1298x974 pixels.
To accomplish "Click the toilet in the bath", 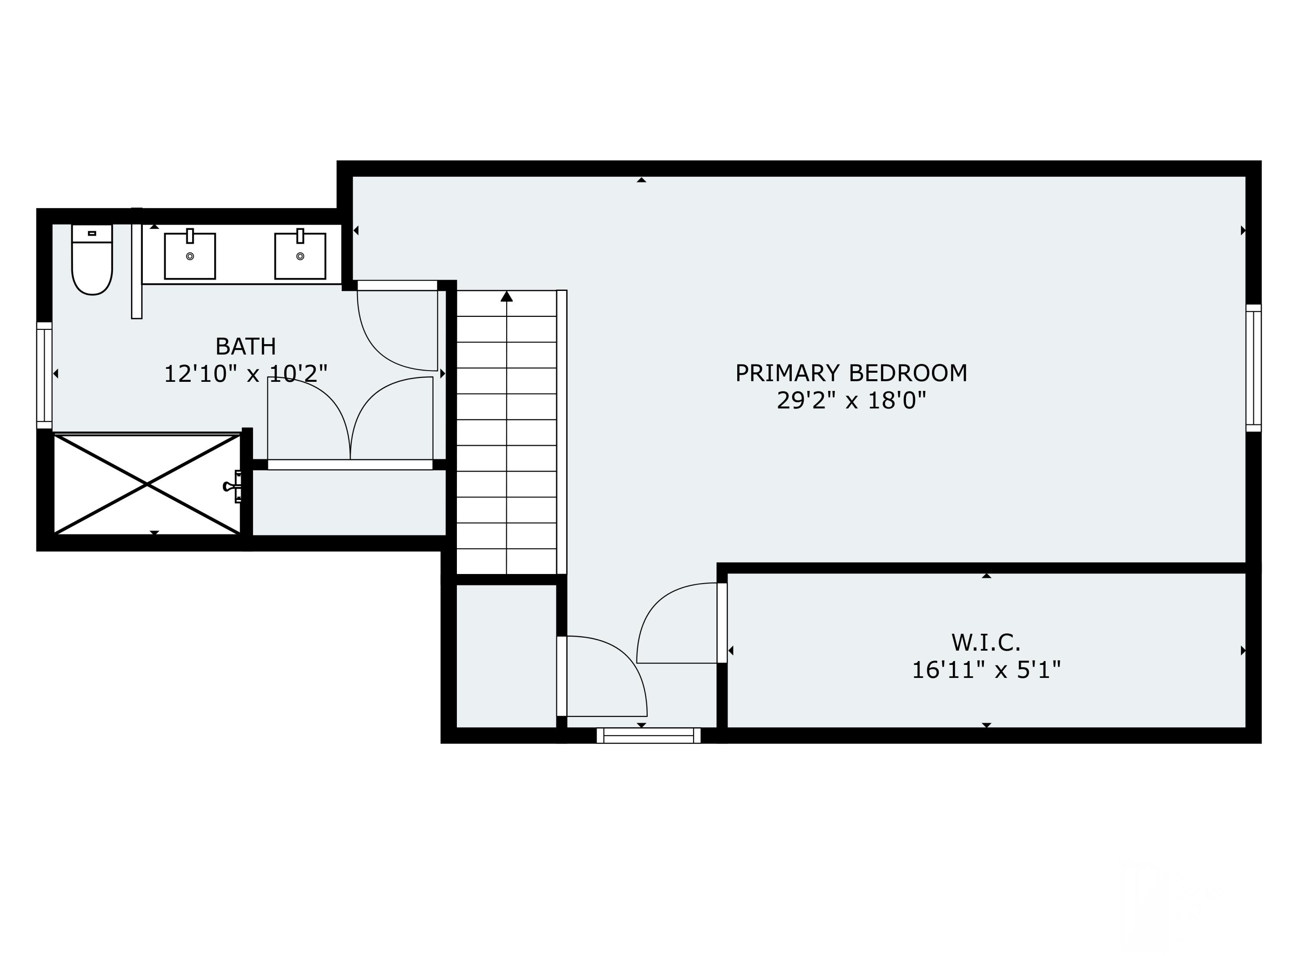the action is click(92, 259).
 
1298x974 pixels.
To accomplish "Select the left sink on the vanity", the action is click(190, 256).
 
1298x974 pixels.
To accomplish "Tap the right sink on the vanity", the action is click(300, 256).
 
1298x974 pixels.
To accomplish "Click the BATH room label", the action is click(245, 346).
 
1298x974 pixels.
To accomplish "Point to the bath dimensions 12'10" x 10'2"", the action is click(245, 374).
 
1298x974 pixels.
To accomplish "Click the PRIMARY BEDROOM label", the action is click(851, 374).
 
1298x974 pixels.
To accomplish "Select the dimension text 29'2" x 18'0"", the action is click(851, 401).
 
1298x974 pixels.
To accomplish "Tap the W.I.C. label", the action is click(986, 643).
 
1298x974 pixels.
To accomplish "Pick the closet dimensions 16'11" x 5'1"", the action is click(986, 670).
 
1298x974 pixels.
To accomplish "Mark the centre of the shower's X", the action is click(147, 484).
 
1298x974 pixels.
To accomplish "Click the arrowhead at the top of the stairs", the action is click(506, 296).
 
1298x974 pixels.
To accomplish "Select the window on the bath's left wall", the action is click(44, 375).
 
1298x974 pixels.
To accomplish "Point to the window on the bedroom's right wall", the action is click(1253, 368).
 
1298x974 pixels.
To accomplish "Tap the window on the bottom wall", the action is click(649, 735).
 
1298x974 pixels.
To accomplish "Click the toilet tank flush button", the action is click(92, 233).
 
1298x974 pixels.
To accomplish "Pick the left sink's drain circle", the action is click(190, 256).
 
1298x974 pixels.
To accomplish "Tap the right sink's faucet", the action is click(300, 235).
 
